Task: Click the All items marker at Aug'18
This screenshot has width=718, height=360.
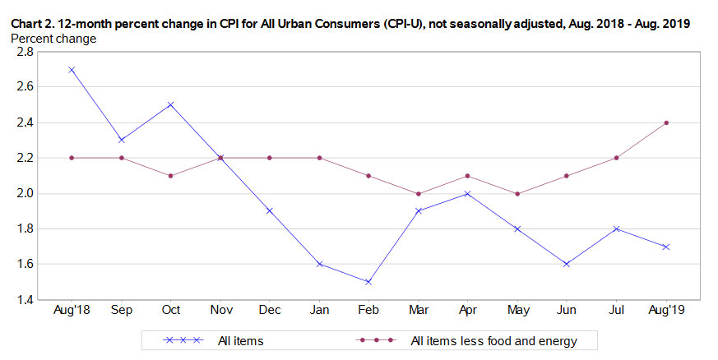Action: click(x=72, y=69)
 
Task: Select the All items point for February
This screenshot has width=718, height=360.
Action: click(x=368, y=282)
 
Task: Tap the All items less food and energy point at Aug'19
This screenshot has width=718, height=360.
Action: click(x=666, y=122)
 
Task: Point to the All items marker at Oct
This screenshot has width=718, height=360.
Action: click(x=170, y=104)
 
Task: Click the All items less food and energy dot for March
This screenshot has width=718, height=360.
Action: click(x=418, y=194)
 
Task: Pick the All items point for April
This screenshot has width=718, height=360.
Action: click(x=467, y=193)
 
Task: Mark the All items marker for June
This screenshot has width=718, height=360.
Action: click(x=567, y=264)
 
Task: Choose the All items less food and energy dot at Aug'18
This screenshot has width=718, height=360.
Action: click(x=72, y=158)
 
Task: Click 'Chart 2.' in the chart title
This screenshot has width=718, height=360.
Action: click(x=32, y=24)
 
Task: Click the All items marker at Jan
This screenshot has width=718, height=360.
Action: click(x=319, y=264)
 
